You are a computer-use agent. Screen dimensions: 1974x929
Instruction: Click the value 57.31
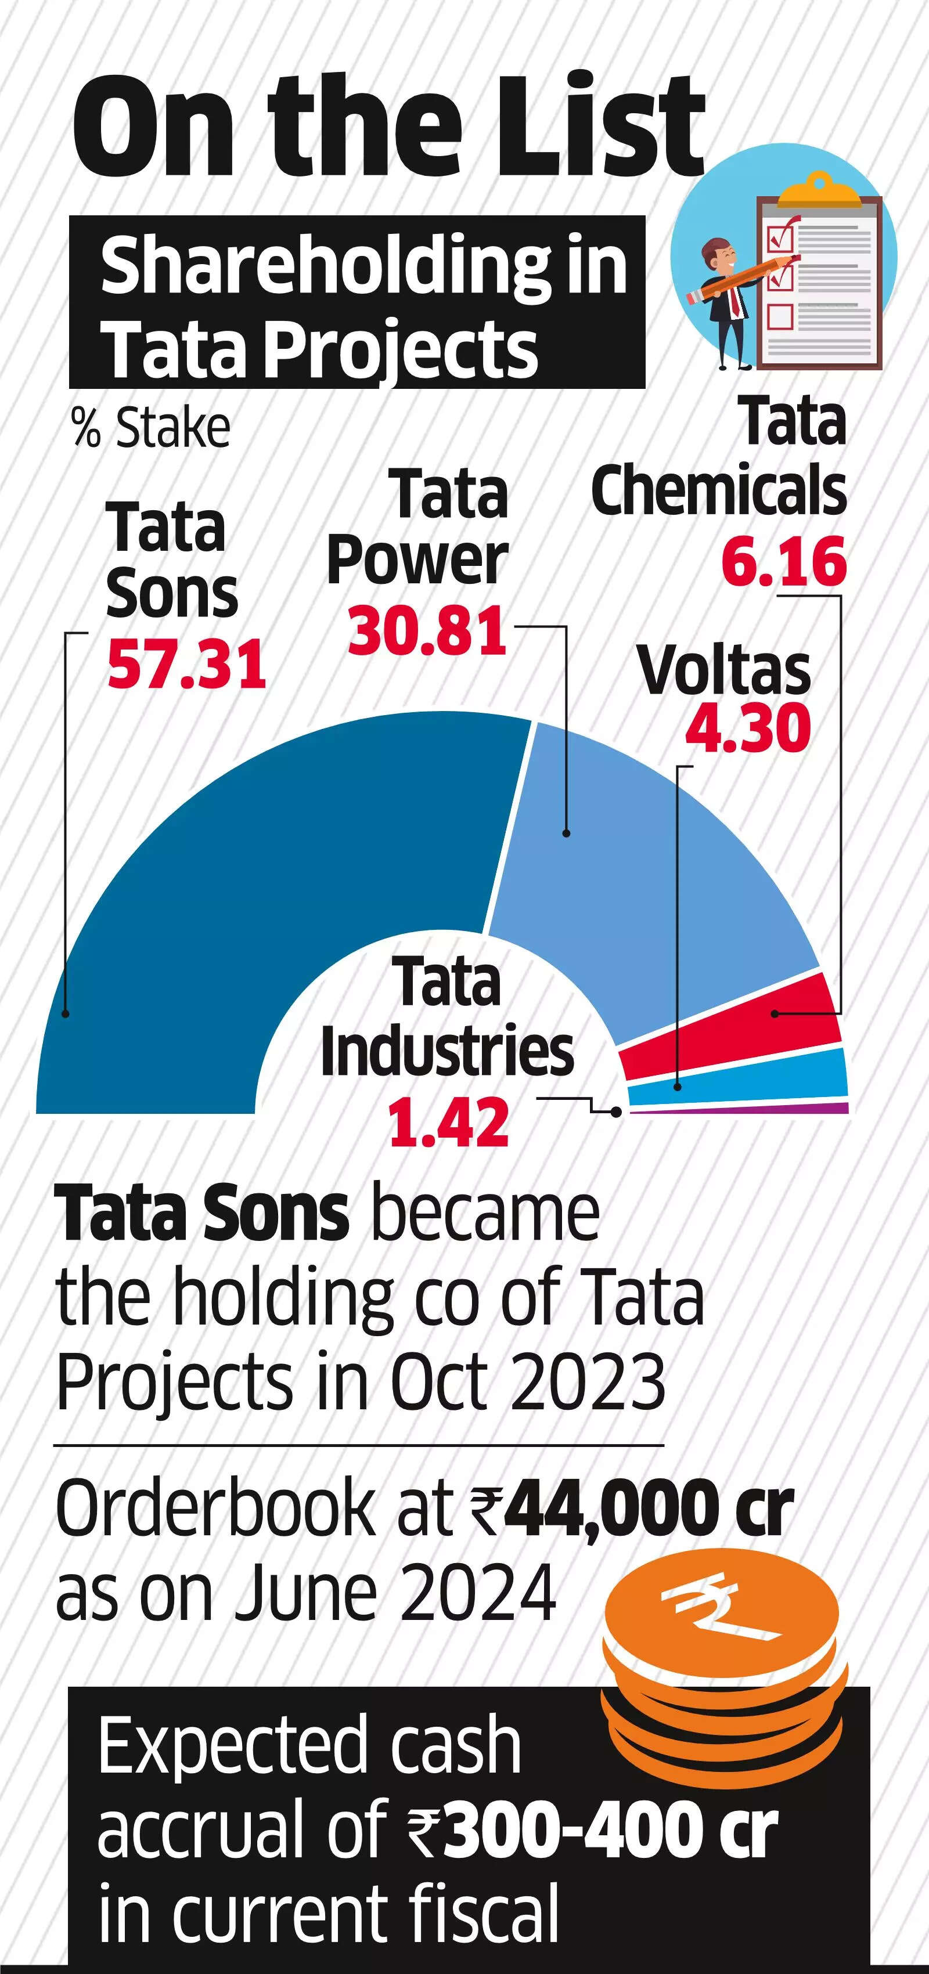click(x=186, y=663)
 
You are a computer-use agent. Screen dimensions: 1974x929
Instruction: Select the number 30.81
click(x=427, y=631)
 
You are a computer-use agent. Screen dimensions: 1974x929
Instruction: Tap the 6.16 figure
click(x=783, y=562)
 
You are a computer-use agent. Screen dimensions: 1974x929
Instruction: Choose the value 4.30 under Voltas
click(x=747, y=728)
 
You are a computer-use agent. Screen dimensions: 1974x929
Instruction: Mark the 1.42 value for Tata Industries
click(x=448, y=1123)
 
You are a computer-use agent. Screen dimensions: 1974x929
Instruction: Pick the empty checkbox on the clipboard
click(x=780, y=316)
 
